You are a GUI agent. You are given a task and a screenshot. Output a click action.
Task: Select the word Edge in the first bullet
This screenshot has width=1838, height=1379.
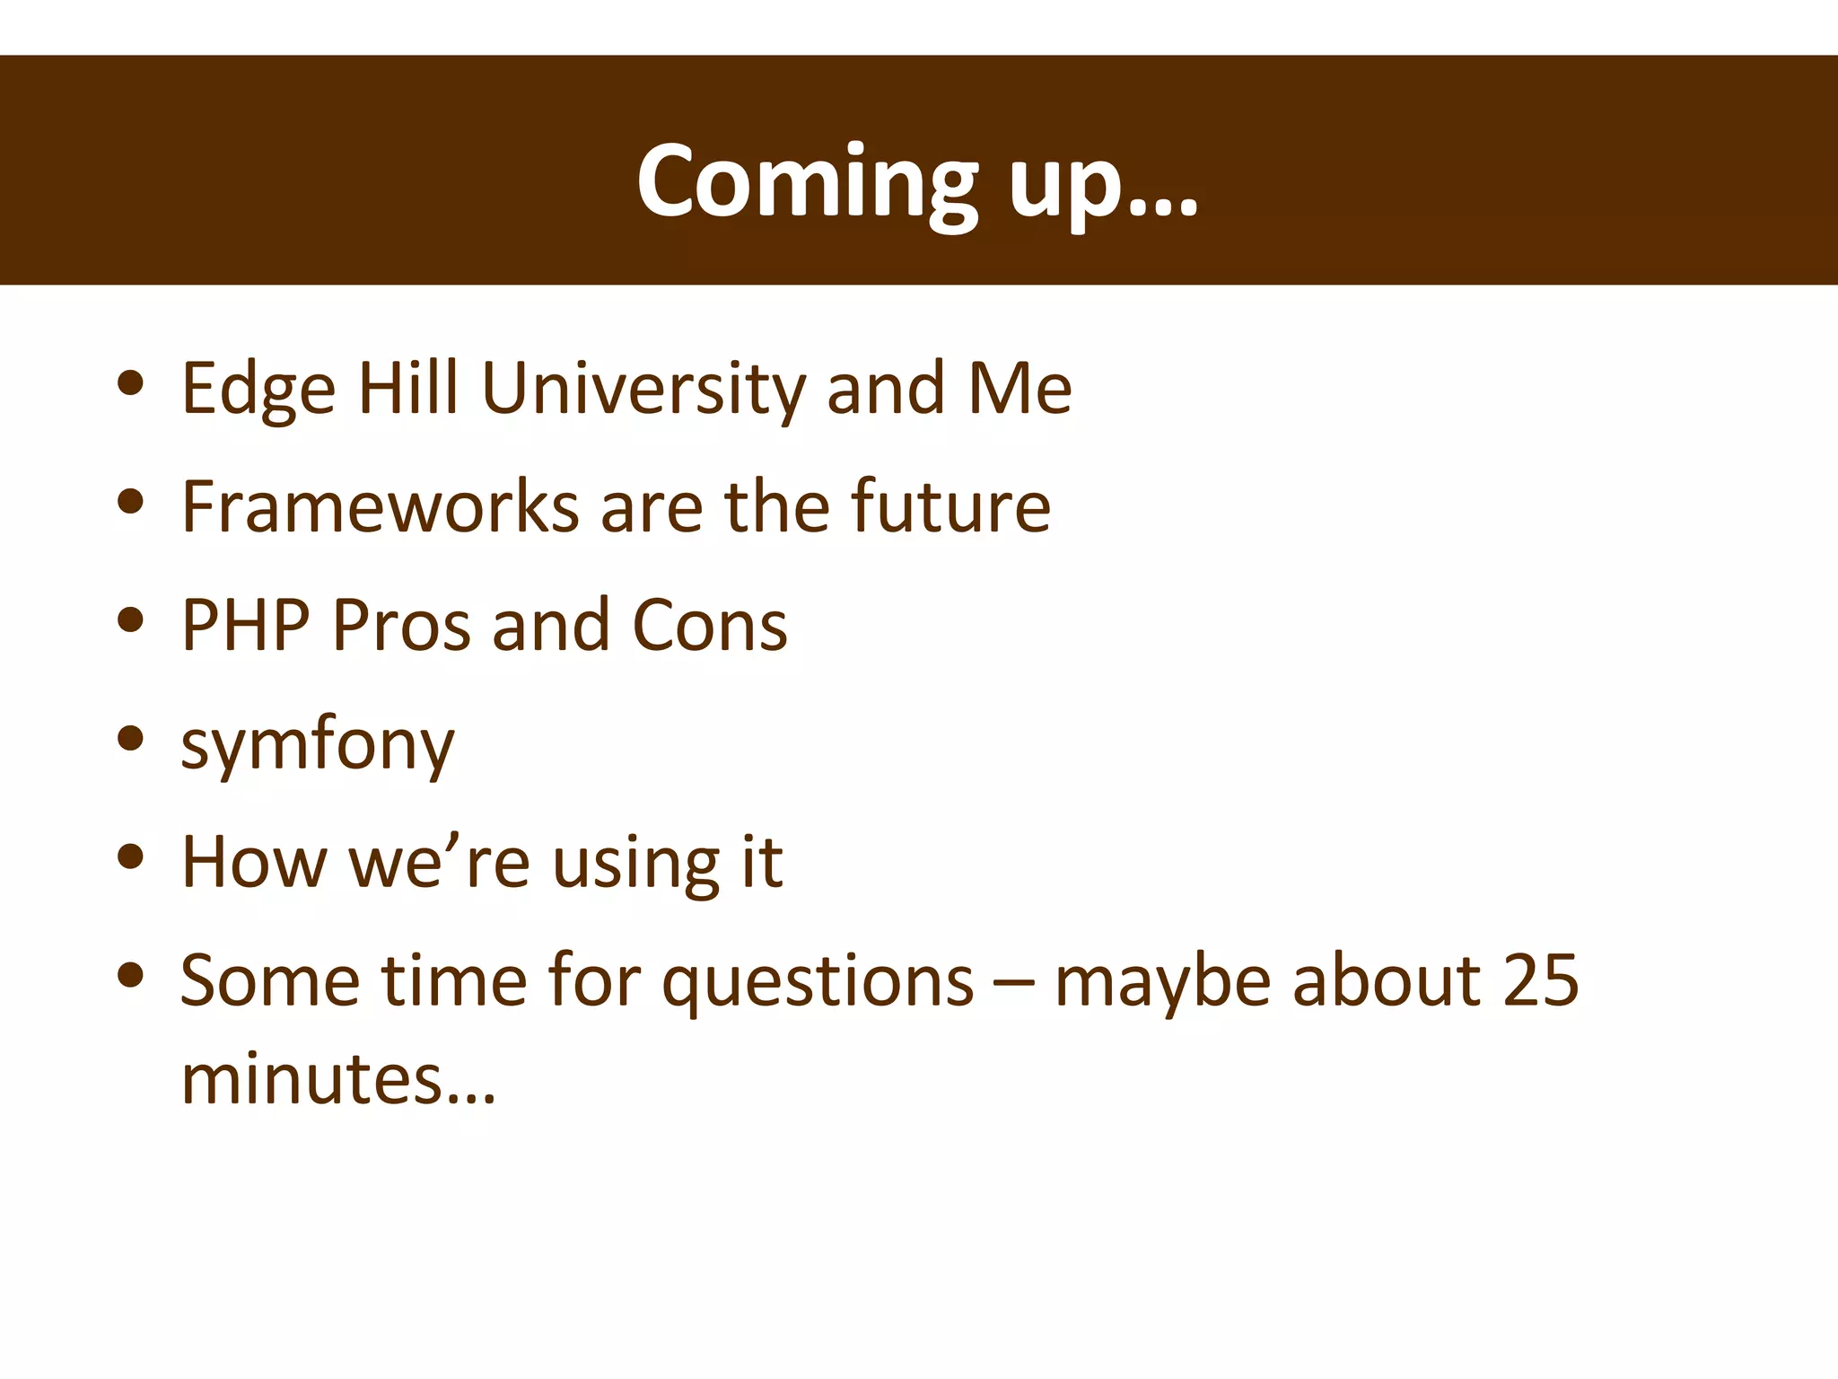[x=258, y=390]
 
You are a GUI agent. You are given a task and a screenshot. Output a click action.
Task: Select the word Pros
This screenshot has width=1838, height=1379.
[x=400, y=625]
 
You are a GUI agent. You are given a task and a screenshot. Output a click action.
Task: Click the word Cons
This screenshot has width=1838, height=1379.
[x=709, y=625]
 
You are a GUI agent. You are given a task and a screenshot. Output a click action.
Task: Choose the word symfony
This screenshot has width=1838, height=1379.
[x=318, y=745]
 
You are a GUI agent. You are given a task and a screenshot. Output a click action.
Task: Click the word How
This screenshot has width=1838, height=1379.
[x=254, y=862]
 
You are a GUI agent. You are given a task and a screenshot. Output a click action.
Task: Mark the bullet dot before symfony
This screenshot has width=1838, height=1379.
[x=131, y=738]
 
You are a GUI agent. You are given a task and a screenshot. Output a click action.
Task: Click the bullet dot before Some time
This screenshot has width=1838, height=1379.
[x=131, y=975]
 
